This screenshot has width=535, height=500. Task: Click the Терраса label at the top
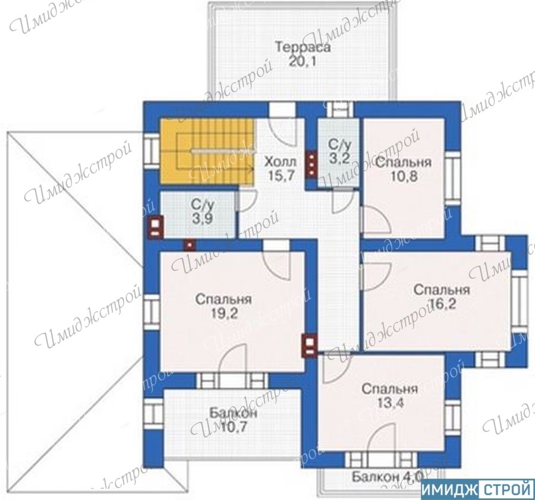tap(303, 47)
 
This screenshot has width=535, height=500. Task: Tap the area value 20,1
tap(303, 61)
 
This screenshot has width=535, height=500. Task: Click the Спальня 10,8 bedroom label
tap(404, 169)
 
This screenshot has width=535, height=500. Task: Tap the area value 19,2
tap(224, 313)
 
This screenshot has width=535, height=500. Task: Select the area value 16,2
tap(442, 303)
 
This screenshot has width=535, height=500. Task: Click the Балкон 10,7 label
tap(233, 420)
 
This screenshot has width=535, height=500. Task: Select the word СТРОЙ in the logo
tap(506, 490)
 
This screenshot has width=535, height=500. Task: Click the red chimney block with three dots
tap(311, 164)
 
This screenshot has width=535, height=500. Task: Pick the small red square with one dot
tap(190, 245)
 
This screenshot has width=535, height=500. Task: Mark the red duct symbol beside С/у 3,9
tap(155, 227)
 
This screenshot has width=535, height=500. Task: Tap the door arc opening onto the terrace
tap(282, 133)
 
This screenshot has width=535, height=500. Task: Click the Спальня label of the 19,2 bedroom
tap(224, 299)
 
